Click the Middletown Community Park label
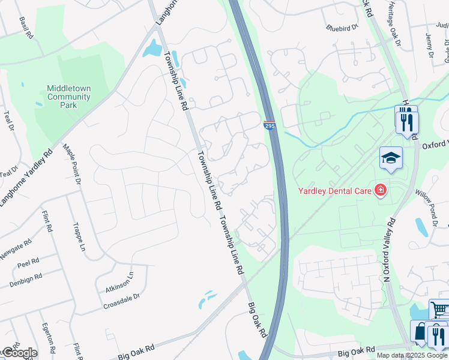[x=69, y=97]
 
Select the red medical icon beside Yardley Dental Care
[x=379, y=191]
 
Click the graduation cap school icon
[x=391, y=158]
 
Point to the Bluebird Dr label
[x=342, y=27]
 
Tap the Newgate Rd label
[x=16, y=250]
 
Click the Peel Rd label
[x=28, y=263]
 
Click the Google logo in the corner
[x=19, y=352]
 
